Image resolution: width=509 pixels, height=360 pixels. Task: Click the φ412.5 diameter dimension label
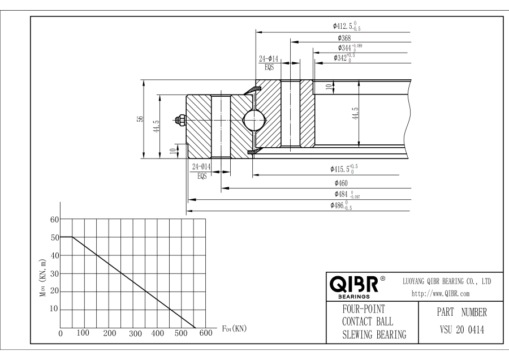tap(347, 26)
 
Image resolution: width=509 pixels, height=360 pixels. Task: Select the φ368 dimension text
tap(344, 38)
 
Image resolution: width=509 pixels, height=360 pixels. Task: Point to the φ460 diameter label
tap(341, 183)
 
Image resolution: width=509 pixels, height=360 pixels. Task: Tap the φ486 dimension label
tap(341, 205)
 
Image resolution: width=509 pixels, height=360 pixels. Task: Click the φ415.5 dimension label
tap(344, 169)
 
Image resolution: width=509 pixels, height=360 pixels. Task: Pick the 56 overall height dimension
tap(140, 119)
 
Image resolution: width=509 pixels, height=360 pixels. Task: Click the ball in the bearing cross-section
tap(254, 120)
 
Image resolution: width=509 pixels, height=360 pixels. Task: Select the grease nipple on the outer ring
tap(180, 120)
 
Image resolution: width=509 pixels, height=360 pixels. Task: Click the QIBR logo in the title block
tap(357, 286)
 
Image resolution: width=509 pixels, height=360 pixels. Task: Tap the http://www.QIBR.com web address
tap(441, 294)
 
